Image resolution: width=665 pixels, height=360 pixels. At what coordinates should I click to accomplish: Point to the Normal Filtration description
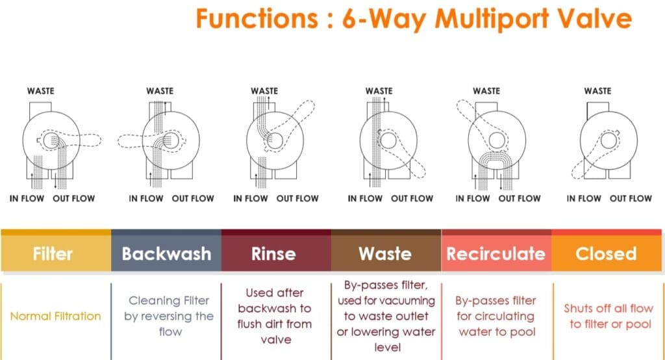[56, 316]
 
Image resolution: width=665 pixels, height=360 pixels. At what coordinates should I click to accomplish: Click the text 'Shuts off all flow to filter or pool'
[608, 316]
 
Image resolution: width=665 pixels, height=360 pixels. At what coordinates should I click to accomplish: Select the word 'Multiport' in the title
[492, 19]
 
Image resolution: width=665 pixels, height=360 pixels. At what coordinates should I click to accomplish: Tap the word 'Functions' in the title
[257, 19]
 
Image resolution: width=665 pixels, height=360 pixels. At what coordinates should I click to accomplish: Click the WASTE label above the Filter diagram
[41, 91]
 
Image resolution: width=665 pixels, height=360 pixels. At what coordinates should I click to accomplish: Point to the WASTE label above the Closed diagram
[597, 91]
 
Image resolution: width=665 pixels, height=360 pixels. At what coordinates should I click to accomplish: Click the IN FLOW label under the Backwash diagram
[146, 198]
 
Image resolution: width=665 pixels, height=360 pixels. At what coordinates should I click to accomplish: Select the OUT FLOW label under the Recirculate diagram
[520, 198]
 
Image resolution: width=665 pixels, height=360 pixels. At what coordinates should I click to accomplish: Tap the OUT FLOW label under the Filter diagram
[74, 198]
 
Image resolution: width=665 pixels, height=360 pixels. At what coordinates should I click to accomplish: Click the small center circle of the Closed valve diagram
[609, 140]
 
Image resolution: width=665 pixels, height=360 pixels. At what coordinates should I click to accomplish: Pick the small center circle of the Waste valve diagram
[388, 140]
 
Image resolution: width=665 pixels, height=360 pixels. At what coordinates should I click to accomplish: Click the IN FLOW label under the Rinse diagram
[251, 198]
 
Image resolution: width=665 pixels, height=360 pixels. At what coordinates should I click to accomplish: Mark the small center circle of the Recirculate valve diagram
[497, 140]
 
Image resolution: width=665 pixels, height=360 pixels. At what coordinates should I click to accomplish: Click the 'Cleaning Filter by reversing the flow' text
[169, 316]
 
